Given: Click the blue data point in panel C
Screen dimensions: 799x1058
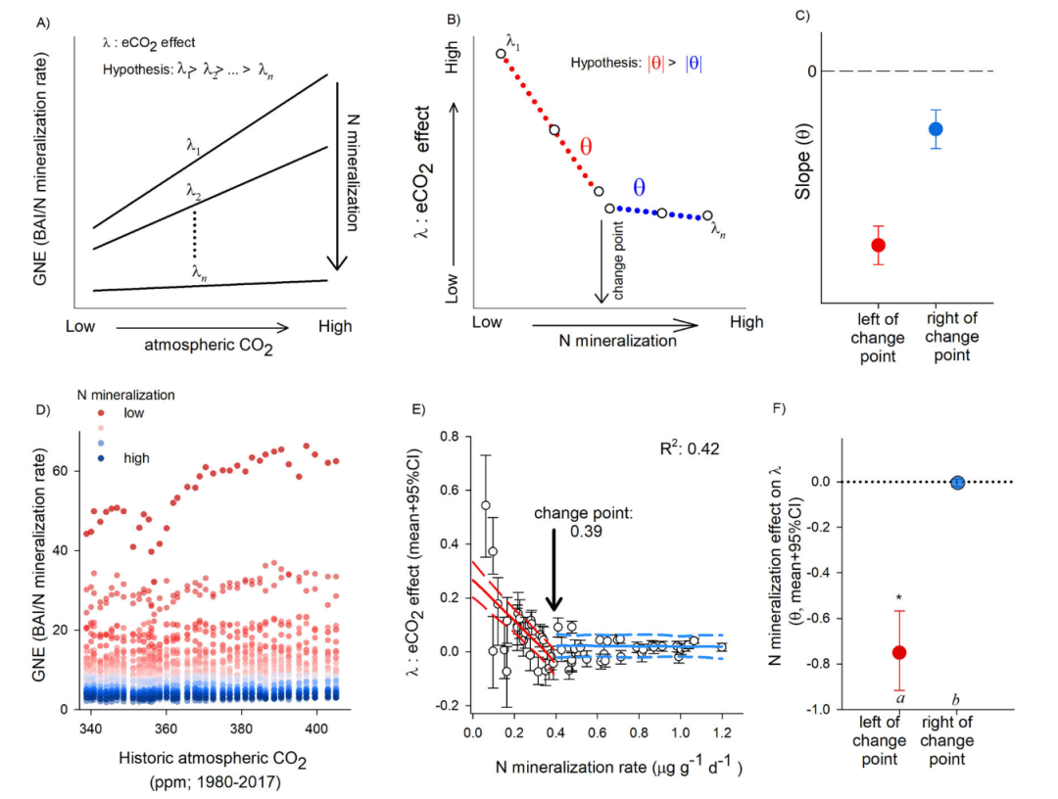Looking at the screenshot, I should pyautogui.click(x=936, y=128).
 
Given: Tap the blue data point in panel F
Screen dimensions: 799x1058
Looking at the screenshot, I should pyautogui.click(x=957, y=481).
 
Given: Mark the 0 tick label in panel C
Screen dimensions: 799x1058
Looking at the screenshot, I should pyautogui.click(x=812, y=71).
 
